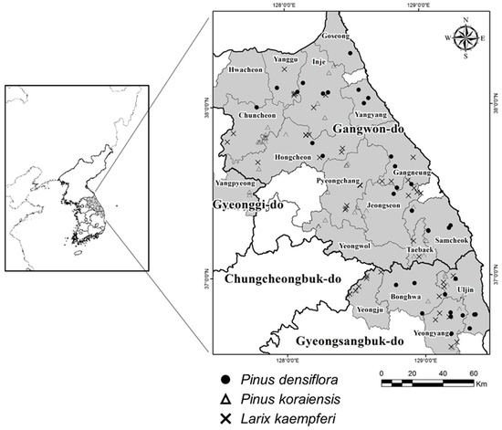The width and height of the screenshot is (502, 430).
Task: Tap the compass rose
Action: (465, 37)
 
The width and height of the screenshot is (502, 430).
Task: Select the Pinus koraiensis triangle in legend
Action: (225, 397)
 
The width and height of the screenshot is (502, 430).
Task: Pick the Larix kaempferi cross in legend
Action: (225, 418)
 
